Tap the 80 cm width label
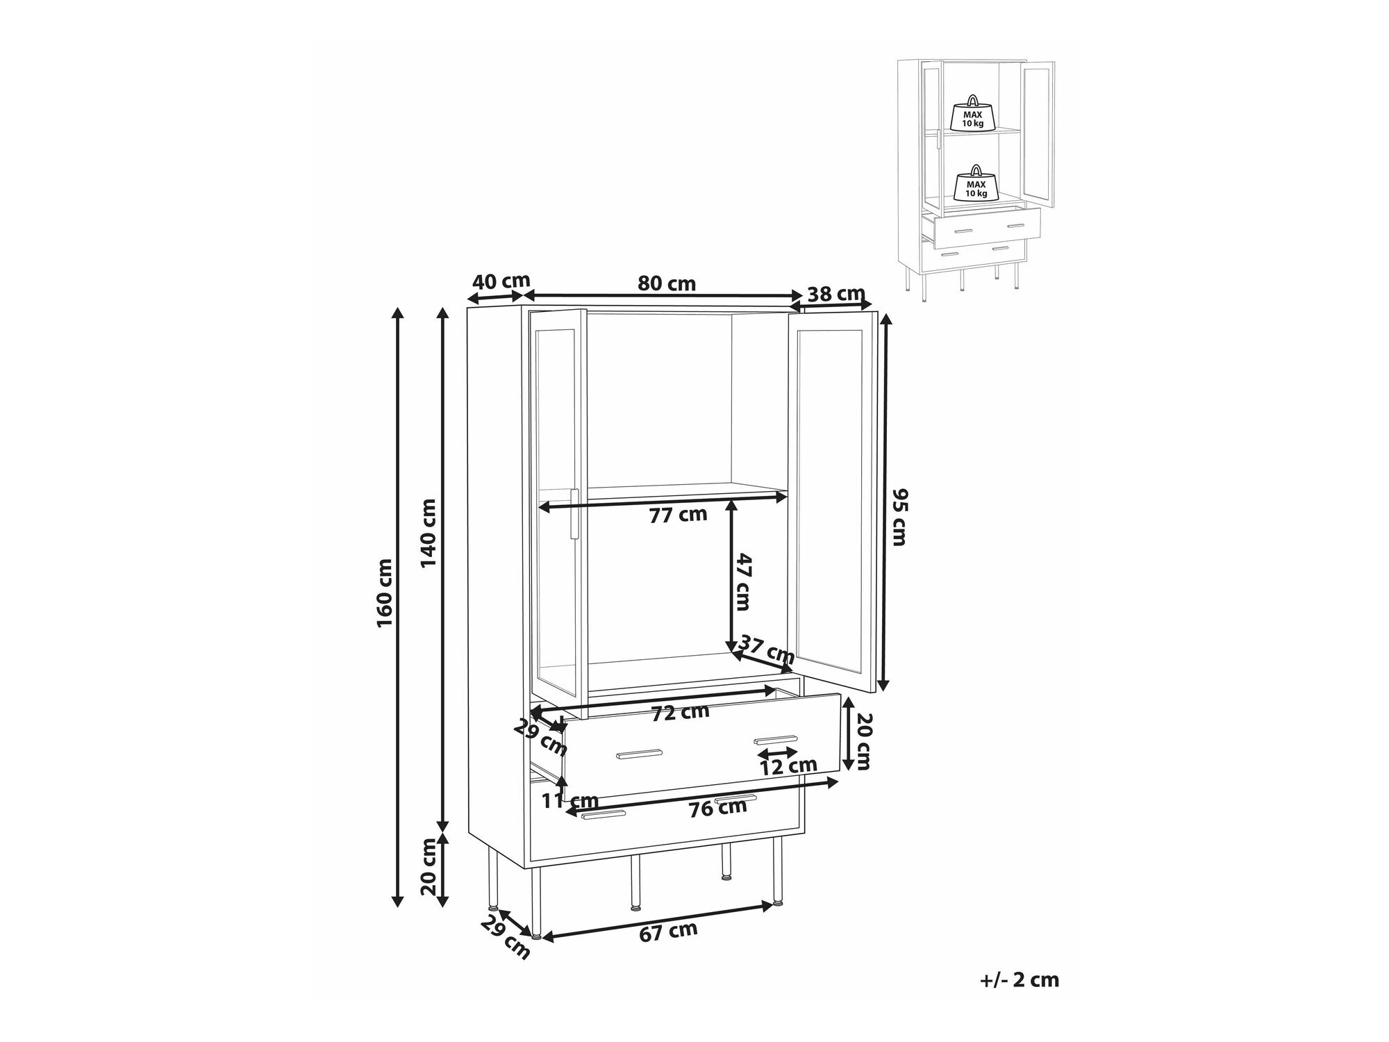coord(667,283)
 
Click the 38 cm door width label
coord(836,293)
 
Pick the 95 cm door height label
coord(899,517)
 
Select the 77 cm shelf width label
coord(678,515)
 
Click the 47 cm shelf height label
coord(742,581)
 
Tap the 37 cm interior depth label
coord(766,648)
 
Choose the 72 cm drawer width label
coord(680,712)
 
